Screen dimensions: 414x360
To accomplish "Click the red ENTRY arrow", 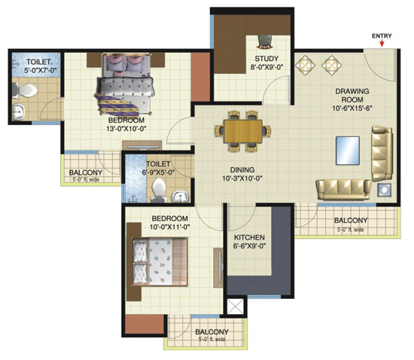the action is [382, 44].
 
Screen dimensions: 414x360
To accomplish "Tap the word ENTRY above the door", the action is [382, 36].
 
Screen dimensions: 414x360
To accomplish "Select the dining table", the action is [243, 131].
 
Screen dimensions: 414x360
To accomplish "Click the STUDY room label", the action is [266, 59].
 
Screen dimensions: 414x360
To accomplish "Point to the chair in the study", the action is [265, 41].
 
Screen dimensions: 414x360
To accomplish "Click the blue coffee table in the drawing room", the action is [348, 151].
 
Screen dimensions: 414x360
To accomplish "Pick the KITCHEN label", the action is [249, 237].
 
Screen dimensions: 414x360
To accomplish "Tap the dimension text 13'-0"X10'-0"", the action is [127, 129].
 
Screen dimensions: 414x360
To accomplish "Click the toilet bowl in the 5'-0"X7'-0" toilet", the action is [26, 90].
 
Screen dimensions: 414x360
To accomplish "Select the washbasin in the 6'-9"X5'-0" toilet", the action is [181, 197].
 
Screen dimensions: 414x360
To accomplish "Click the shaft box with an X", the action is [236, 307].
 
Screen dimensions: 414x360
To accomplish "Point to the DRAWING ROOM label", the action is [352, 96].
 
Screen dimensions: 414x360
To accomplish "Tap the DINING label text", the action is [242, 169].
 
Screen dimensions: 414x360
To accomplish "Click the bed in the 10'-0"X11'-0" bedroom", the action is [160, 261].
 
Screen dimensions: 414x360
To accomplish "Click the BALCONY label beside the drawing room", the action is [351, 220].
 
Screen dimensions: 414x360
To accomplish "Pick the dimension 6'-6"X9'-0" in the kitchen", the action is [249, 246].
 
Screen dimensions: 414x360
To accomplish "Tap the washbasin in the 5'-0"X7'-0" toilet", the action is [19, 112].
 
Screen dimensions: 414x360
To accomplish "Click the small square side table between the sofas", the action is [384, 189].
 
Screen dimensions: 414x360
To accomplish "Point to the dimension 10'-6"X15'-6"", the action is [352, 108].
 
